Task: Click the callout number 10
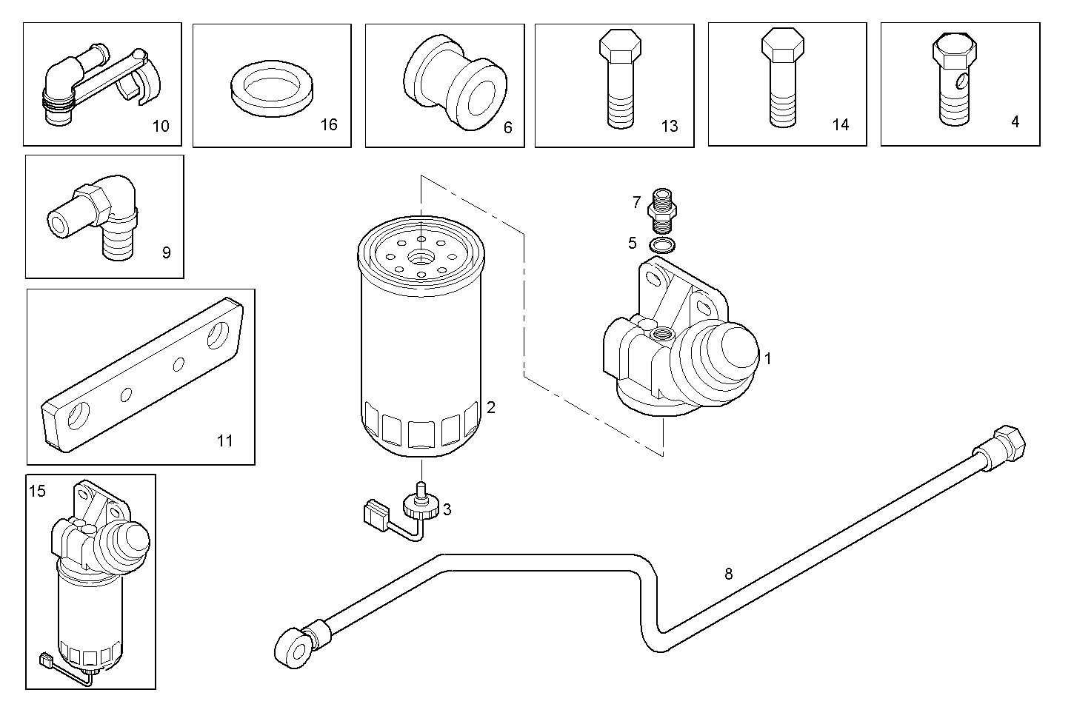pyautogui.click(x=161, y=126)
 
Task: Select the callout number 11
pyautogui.click(x=225, y=441)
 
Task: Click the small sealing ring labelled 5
pyautogui.click(x=661, y=245)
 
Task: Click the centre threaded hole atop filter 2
pyautogui.click(x=421, y=258)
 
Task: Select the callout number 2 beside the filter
pyautogui.click(x=490, y=407)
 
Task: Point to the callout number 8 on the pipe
pyautogui.click(x=729, y=574)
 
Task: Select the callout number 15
pyautogui.click(x=38, y=491)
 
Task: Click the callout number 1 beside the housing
pyautogui.click(x=768, y=359)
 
